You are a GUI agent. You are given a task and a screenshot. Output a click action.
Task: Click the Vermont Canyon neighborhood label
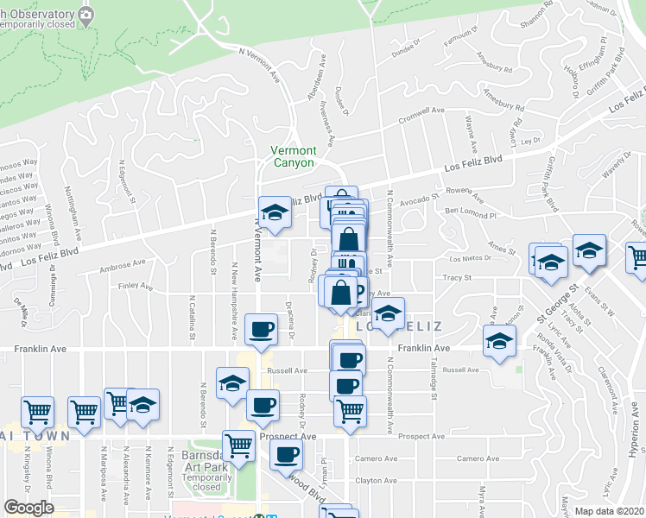(x=293, y=155)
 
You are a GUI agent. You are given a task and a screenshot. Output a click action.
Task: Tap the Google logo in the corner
(x=28, y=507)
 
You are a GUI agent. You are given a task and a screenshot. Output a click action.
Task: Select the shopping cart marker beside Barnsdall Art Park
(x=239, y=445)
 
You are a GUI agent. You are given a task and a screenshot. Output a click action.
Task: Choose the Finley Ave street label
(x=136, y=287)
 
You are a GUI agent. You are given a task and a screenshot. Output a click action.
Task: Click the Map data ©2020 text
(x=610, y=511)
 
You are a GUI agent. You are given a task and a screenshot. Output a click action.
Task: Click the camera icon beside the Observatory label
(x=85, y=15)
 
